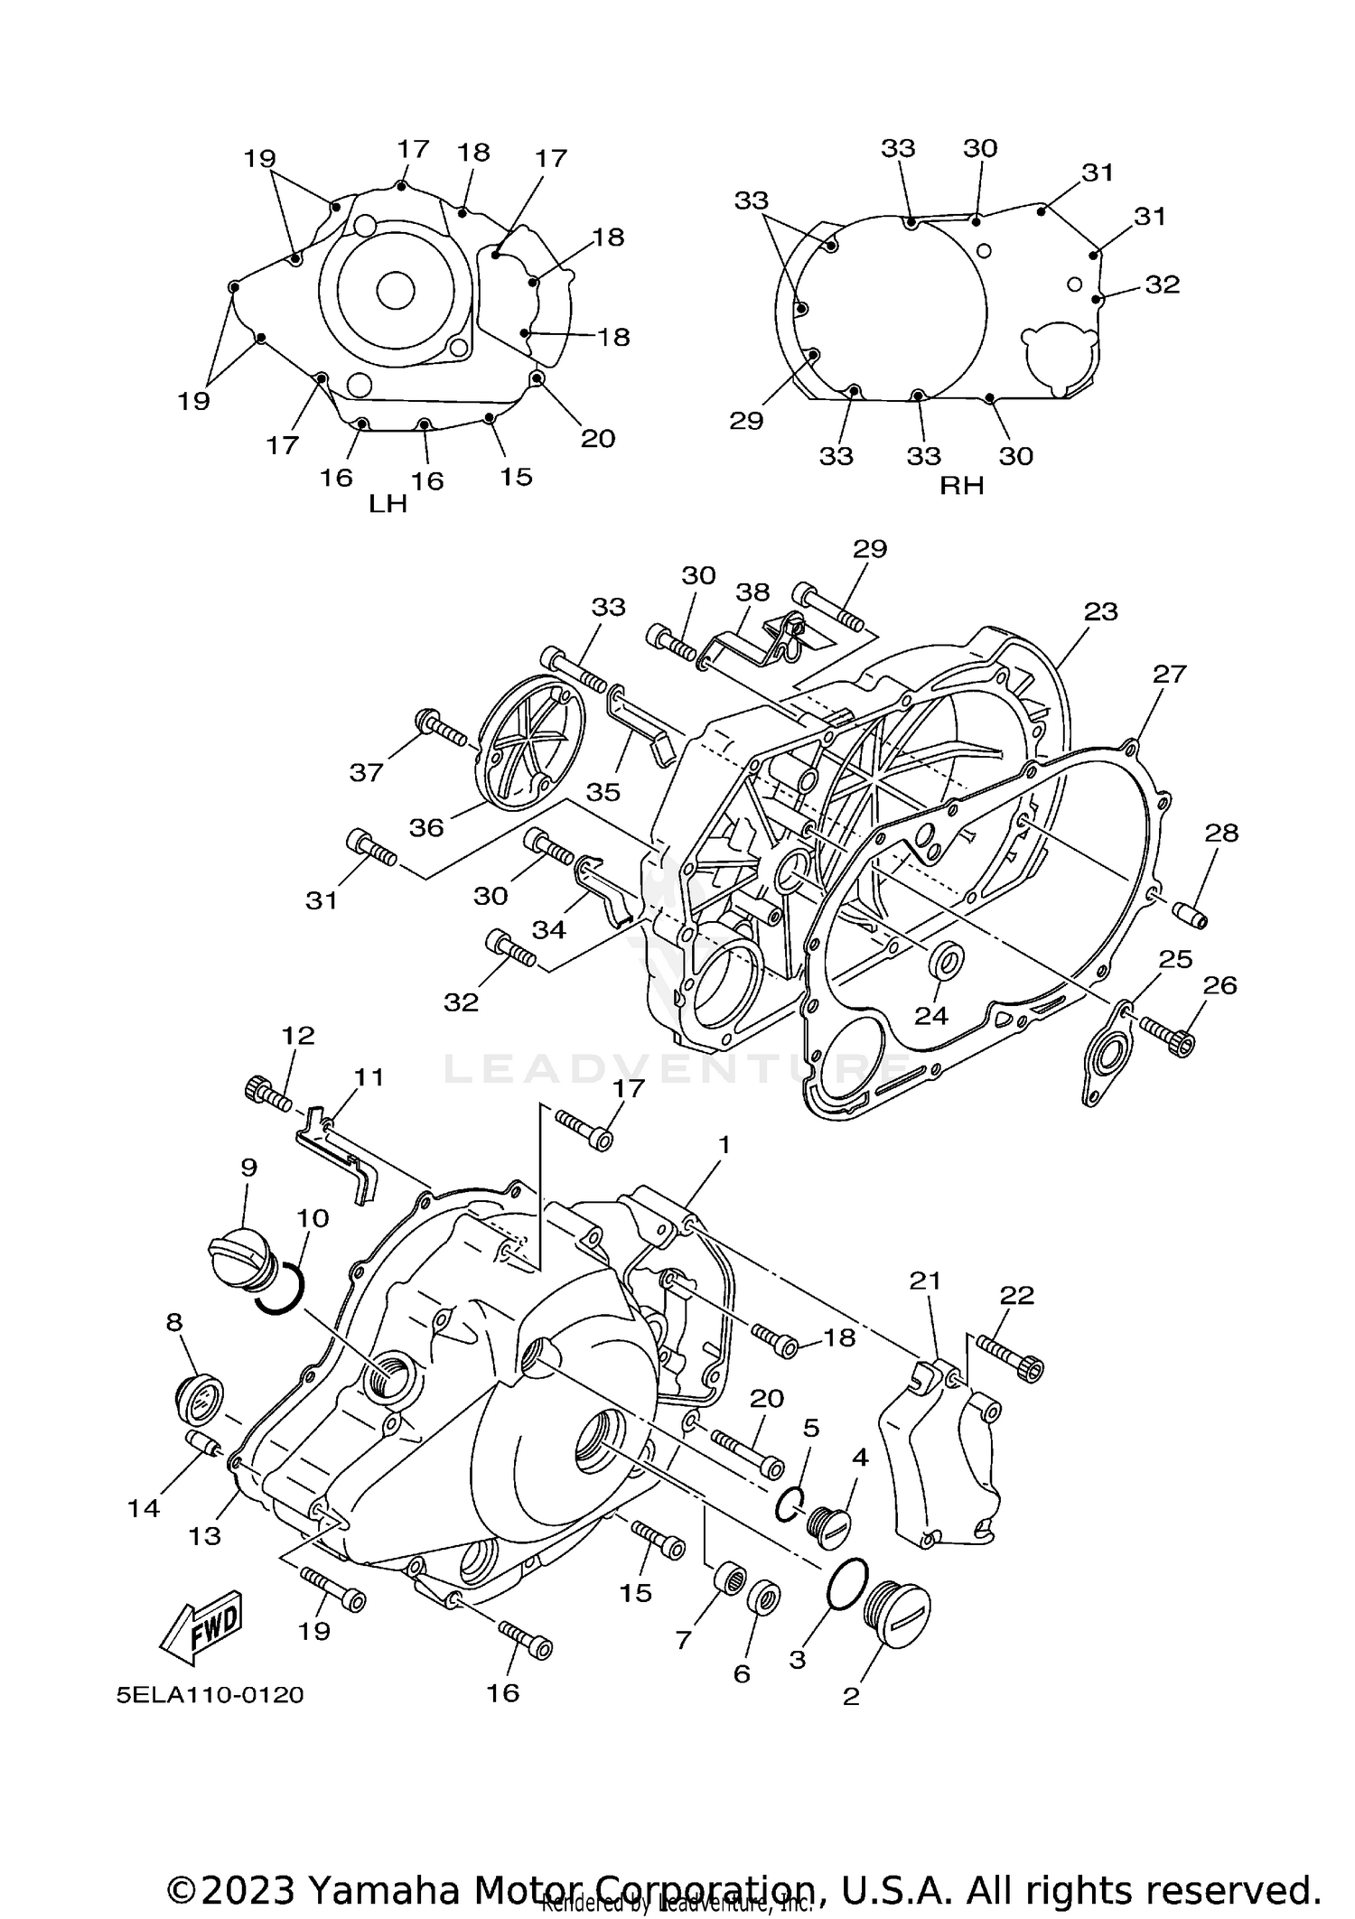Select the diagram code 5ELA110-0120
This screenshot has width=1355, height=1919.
210,1694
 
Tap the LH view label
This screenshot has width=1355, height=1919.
388,503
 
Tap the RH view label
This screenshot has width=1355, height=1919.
961,485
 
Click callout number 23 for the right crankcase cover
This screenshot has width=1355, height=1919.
1100,611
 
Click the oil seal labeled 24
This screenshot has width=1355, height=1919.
946,960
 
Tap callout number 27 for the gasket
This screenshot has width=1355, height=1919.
1169,674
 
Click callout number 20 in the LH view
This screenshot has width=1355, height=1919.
597,438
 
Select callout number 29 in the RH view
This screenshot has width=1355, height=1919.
746,420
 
